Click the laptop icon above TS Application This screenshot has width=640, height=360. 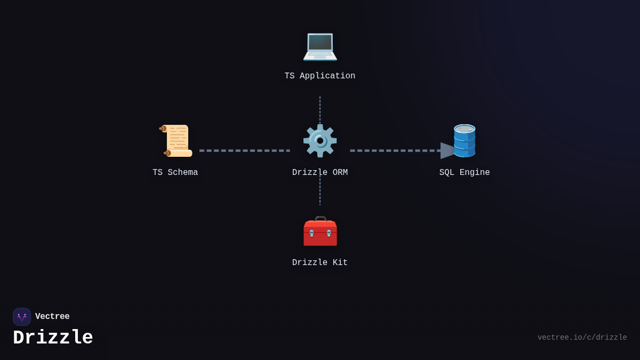click(320, 46)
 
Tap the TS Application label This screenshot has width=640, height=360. click(320, 76)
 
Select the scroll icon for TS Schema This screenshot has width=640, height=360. click(176, 141)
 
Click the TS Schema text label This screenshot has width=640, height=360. click(175, 173)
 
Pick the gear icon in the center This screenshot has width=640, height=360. click(320, 141)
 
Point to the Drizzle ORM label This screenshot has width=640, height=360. click(320, 173)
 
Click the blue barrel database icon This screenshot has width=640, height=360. click(465, 141)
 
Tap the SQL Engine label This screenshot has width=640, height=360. click(465, 173)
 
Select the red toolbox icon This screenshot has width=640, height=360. click(320, 233)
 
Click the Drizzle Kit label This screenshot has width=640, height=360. click(320, 263)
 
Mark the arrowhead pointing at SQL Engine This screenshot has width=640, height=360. click(447, 150)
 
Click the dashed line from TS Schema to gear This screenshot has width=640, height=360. click(245, 150)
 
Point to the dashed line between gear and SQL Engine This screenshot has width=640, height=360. click(395, 150)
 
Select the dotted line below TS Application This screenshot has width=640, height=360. click(320, 109)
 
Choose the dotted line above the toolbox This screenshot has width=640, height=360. click(320, 192)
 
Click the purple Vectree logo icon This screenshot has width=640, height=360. click(22, 317)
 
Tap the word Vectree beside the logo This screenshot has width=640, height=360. click(52, 317)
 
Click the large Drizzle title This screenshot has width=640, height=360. click(53, 338)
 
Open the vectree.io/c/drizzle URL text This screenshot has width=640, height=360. click(582, 338)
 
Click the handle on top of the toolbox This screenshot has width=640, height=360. click(321, 218)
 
